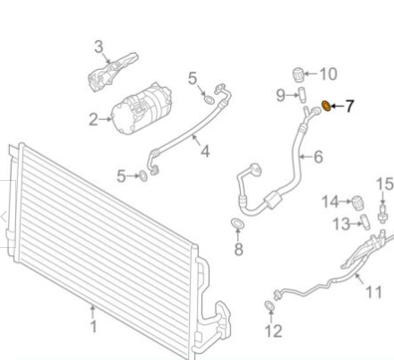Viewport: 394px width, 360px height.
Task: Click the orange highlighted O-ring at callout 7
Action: (x=326, y=106)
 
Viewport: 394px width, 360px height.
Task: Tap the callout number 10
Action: (x=329, y=73)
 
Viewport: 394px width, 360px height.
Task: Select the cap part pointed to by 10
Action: (x=298, y=74)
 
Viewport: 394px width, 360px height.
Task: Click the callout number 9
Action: (x=280, y=96)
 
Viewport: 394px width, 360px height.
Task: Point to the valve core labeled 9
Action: (x=303, y=95)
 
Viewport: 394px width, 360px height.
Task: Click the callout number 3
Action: (x=98, y=47)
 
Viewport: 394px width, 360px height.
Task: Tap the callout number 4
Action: (x=205, y=151)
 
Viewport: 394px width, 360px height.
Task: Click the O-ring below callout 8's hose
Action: (x=237, y=223)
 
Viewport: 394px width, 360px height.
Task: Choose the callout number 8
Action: (x=238, y=249)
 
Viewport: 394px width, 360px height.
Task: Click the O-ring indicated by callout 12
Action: (x=270, y=305)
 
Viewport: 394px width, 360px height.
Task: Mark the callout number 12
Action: (x=273, y=330)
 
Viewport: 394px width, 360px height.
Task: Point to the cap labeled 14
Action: (x=357, y=203)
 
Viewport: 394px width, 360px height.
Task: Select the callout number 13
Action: (x=341, y=224)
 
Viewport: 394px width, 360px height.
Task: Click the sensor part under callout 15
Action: (x=382, y=213)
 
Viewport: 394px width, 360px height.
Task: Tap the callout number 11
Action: (x=373, y=292)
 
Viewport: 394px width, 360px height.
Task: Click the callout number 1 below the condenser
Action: (x=94, y=326)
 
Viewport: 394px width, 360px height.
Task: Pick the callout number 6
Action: (x=319, y=157)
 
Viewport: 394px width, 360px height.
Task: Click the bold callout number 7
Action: (x=350, y=107)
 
